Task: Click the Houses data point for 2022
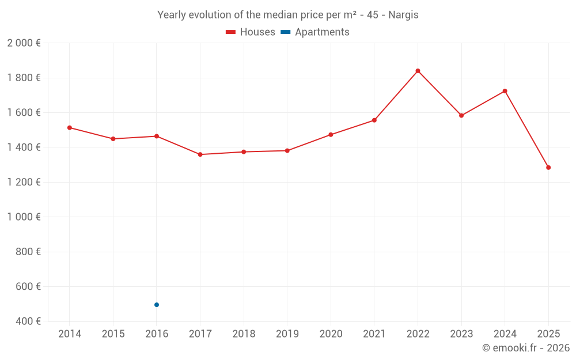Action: coord(418,71)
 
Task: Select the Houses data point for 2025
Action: coord(548,168)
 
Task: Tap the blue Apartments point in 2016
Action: coord(157,305)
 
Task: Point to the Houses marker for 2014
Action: coord(69,127)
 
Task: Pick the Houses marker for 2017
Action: coord(200,154)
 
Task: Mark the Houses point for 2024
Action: coord(505,91)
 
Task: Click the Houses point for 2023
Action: coord(461,115)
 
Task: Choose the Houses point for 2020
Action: coord(331,135)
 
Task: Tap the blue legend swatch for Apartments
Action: coord(285,32)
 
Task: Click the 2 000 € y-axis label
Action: coord(24,43)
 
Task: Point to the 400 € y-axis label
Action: coord(28,321)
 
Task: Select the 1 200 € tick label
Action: coord(24,182)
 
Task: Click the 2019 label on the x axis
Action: coord(287,334)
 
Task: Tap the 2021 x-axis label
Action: coord(374,334)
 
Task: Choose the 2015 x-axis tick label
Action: coord(113,334)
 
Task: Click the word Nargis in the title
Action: coord(403,15)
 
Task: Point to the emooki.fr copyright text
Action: coord(526,348)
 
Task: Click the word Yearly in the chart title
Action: coord(172,15)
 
